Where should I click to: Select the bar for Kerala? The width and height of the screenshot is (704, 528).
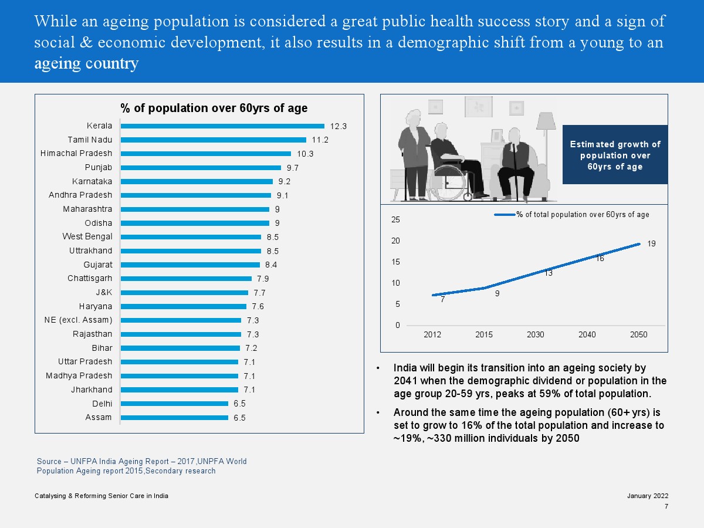pyautogui.click(x=222, y=126)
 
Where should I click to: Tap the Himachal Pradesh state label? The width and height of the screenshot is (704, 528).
pyautogui.click(x=76, y=154)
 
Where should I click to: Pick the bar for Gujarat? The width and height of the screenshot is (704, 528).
pyautogui.click(x=190, y=265)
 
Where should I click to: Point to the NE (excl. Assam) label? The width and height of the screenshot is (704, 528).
pyautogui.click(x=78, y=320)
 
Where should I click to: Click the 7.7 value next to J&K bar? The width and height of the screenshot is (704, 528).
pyautogui.click(x=259, y=293)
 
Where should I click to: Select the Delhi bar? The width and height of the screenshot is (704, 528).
pyautogui.click(x=174, y=404)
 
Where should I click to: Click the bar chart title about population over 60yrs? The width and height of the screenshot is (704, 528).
pyautogui.click(x=214, y=109)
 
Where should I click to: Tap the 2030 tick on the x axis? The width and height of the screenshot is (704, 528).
pyautogui.click(x=535, y=335)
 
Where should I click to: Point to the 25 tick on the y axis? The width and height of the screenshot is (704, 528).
pyautogui.click(x=395, y=220)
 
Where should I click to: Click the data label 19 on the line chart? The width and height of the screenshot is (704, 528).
pyautogui.click(x=651, y=243)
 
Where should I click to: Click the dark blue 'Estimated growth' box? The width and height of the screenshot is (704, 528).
pyautogui.click(x=615, y=155)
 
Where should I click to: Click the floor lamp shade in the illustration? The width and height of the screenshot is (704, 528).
pyautogui.click(x=546, y=121)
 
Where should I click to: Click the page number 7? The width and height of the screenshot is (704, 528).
pyautogui.click(x=666, y=507)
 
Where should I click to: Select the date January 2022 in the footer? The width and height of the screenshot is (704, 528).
pyautogui.click(x=648, y=496)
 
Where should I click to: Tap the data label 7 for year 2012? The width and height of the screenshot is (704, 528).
pyautogui.click(x=442, y=300)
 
